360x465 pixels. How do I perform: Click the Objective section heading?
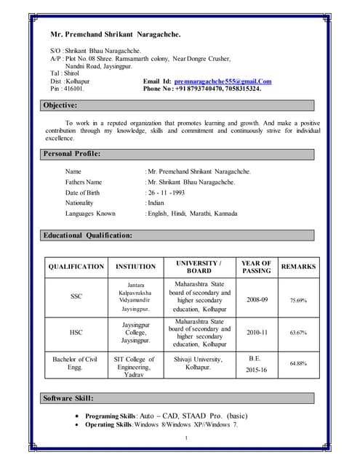click(x=60, y=105)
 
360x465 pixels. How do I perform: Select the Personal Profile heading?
click(x=72, y=154)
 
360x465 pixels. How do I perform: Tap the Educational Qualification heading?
click(x=87, y=235)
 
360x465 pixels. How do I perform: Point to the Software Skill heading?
click(x=68, y=398)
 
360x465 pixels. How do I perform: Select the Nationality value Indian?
click(x=156, y=203)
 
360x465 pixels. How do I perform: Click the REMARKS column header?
click(x=298, y=267)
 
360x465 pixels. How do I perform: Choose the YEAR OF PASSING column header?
click(x=256, y=267)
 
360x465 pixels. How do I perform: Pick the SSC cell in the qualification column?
click(x=76, y=296)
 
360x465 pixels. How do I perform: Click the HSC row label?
click(x=76, y=332)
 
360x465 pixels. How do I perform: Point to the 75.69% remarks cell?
click(x=298, y=300)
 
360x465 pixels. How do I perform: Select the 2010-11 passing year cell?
click(x=257, y=332)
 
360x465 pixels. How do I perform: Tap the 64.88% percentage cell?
click(x=298, y=363)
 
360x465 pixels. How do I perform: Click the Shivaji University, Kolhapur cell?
click(x=188, y=363)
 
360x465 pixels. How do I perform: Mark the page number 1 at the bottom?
click(x=186, y=437)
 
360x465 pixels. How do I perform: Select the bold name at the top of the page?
click(x=115, y=34)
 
